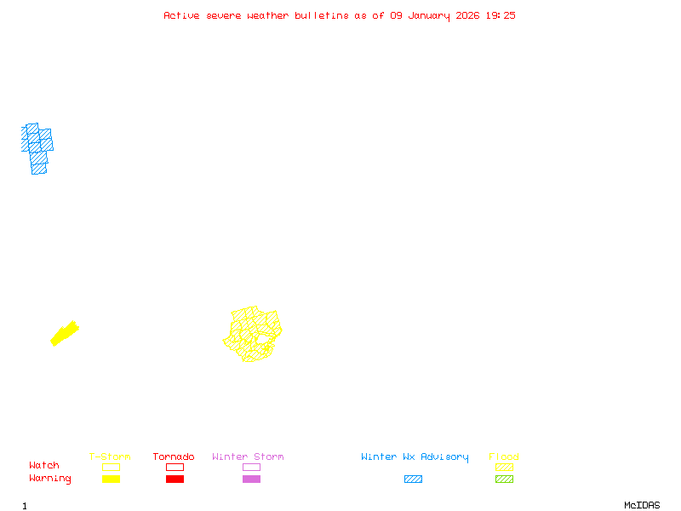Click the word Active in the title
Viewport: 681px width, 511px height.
pos(181,15)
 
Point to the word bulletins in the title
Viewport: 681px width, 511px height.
pos(322,15)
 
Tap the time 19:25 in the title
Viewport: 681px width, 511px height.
pos(501,15)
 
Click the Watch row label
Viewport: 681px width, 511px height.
pos(44,466)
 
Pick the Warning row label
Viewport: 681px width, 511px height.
pos(50,479)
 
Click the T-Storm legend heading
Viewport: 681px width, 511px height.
pos(110,457)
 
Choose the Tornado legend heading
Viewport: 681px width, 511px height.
pos(174,457)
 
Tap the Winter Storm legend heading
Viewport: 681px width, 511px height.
pos(248,457)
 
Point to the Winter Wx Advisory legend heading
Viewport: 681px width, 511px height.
pos(415,457)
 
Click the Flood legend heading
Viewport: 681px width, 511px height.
pos(504,457)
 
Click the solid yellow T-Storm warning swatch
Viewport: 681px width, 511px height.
pos(111,479)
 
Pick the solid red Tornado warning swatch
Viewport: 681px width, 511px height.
pos(175,479)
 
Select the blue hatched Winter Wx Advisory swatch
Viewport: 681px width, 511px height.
pos(413,479)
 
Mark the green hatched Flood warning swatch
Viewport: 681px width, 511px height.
pos(504,479)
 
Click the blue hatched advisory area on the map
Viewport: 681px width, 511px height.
pos(37,146)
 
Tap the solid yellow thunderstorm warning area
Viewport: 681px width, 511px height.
pos(64,333)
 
